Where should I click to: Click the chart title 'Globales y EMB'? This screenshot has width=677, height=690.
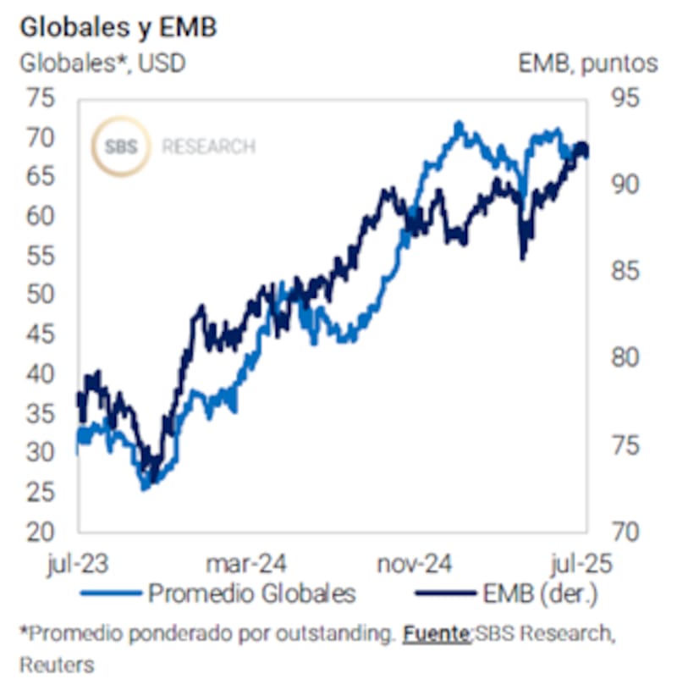[x=118, y=27]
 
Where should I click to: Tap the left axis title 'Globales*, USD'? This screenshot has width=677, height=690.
[x=102, y=63]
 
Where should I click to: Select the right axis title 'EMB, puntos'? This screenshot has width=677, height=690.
[x=588, y=63]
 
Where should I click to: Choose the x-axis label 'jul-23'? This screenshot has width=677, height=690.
[x=78, y=563]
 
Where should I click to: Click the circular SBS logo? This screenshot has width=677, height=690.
[x=120, y=146]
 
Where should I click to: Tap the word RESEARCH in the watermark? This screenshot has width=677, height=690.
[x=208, y=146]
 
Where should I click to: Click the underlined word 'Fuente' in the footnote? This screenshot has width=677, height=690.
[x=437, y=633]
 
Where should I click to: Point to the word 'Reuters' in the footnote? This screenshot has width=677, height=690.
[x=56, y=665]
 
